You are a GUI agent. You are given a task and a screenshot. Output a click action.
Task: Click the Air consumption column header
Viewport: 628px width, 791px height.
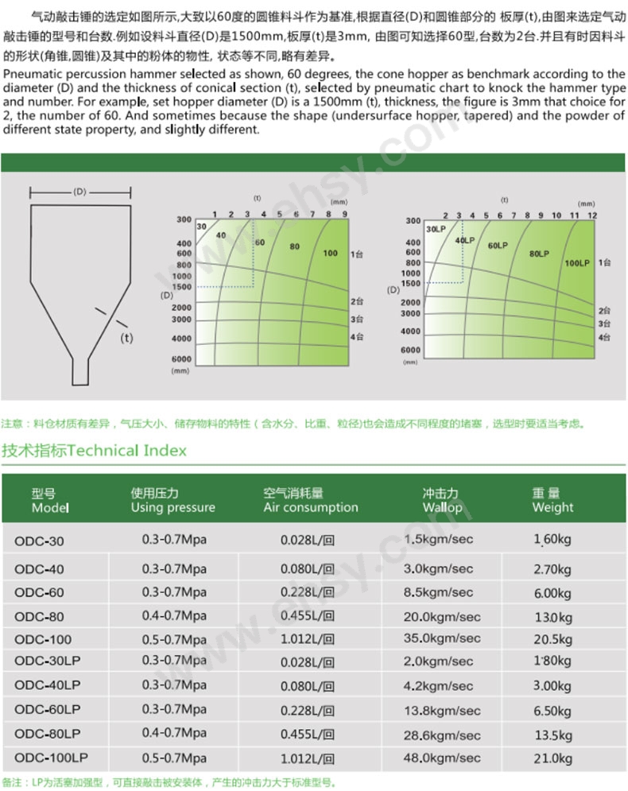[x=310, y=501]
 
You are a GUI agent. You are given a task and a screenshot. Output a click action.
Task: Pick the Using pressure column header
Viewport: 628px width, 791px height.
[x=173, y=501]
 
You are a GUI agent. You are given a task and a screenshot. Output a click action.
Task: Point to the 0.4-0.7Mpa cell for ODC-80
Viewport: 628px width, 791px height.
[x=174, y=616]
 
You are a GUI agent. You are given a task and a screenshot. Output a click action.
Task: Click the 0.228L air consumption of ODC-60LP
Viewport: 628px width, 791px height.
[x=308, y=711]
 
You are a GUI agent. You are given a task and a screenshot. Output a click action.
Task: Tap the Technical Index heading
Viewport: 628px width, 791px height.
[x=94, y=451]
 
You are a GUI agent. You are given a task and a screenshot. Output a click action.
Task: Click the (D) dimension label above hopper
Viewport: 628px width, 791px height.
[x=79, y=192]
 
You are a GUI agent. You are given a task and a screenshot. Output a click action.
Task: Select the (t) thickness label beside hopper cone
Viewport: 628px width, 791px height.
[x=126, y=337]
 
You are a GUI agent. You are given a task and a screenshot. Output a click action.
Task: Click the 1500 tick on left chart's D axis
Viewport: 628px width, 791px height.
[x=182, y=286]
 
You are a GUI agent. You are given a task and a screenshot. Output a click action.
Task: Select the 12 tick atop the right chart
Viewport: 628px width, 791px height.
[x=592, y=215]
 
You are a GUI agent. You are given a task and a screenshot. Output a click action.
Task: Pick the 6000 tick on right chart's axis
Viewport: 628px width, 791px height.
[x=410, y=350]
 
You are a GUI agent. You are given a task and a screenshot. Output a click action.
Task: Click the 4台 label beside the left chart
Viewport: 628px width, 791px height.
[x=357, y=336]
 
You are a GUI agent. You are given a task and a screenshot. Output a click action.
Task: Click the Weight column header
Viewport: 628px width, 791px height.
[x=552, y=501]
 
